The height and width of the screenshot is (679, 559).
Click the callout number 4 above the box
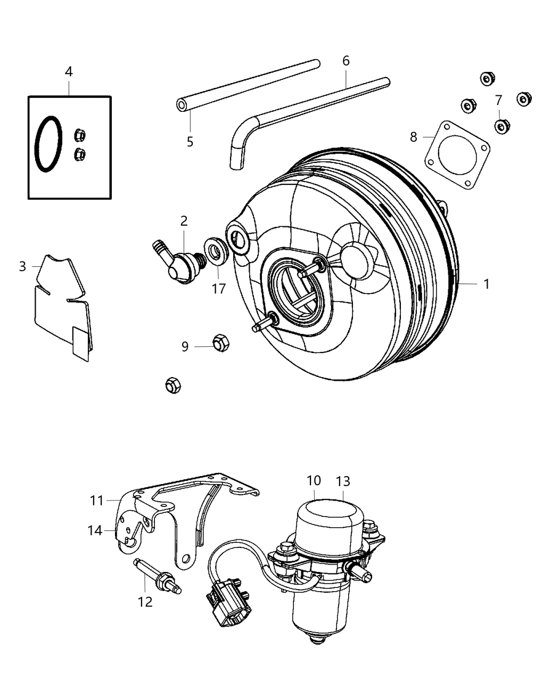[x=69, y=71]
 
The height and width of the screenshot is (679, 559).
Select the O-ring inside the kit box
[x=48, y=144]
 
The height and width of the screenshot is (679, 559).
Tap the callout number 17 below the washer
[x=219, y=289]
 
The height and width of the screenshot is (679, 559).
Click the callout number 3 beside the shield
[x=22, y=266]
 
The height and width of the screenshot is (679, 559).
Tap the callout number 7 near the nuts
[x=498, y=100]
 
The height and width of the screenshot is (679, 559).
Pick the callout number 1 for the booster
[x=486, y=284]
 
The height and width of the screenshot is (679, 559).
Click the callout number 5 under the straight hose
[x=190, y=142]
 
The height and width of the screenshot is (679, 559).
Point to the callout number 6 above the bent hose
[x=346, y=61]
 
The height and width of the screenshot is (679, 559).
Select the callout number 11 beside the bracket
[x=96, y=500]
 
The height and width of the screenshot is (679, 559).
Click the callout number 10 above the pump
[x=314, y=480]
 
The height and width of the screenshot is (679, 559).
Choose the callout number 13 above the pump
[x=343, y=481]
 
